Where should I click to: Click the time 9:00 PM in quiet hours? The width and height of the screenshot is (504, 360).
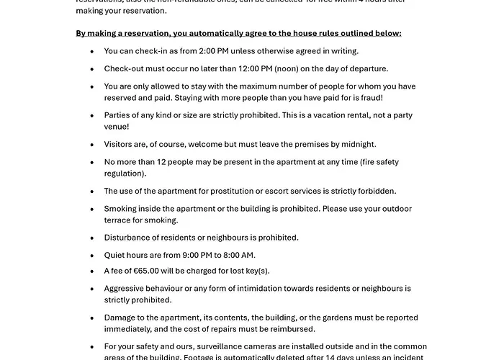point(193,255)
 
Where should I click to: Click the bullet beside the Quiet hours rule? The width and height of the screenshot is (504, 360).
point(91,255)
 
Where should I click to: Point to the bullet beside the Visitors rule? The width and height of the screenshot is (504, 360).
point(91,145)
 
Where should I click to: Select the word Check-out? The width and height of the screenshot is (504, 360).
point(125,69)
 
